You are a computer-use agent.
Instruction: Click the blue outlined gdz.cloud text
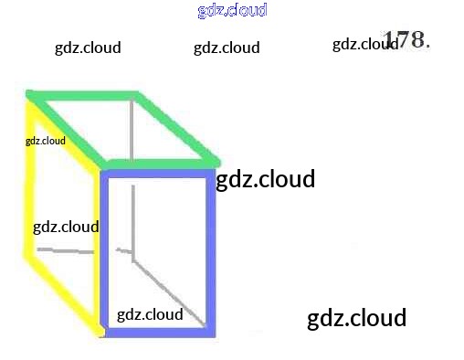[232, 11]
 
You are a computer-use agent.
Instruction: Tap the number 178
[406, 39]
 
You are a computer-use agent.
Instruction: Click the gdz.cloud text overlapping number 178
[365, 45]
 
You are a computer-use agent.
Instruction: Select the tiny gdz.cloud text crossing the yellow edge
[46, 141]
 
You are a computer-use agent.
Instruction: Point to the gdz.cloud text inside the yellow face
[66, 228]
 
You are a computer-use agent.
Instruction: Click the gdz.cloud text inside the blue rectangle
[150, 314]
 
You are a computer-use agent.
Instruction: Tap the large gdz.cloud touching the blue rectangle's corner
[265, 179]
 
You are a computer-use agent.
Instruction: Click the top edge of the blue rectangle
[158, 174]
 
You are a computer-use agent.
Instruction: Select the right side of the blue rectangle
[211, 253]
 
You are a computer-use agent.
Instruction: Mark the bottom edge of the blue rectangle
[158, 333]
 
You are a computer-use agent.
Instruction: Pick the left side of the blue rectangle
[104, 253]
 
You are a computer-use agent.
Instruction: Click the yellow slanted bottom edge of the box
[64, 295]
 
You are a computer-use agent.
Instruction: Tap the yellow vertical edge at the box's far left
[29, 180]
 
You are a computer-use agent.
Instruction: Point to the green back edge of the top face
[82, 95]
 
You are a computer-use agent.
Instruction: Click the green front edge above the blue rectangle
[163, 164]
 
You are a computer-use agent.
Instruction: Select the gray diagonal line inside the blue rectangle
[169, 293]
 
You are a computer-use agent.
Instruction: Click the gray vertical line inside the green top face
[132, 131]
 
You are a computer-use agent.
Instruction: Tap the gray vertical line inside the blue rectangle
[133, 223]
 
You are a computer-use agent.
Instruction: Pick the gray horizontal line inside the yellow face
[66, 251]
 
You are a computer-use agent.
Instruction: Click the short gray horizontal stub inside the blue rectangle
[123, 250]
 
